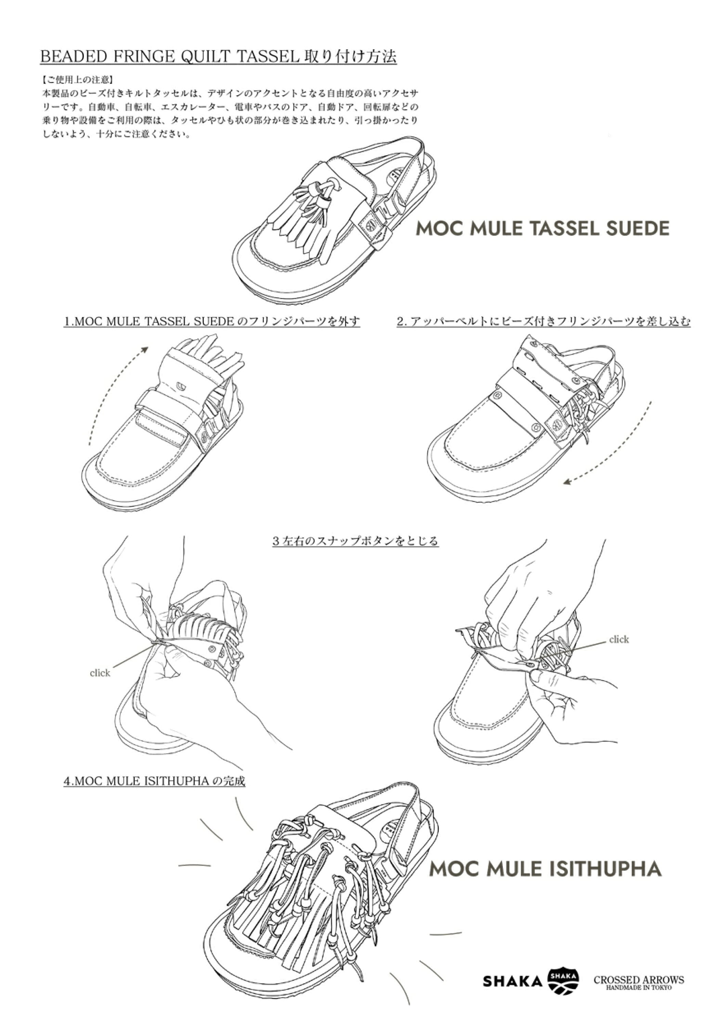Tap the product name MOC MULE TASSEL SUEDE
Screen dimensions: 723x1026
pos(542,229)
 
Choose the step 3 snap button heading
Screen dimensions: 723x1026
pos(356,541)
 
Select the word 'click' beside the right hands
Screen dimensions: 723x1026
pos(619,640)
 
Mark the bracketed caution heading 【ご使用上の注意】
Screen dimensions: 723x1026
pos(76,80)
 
